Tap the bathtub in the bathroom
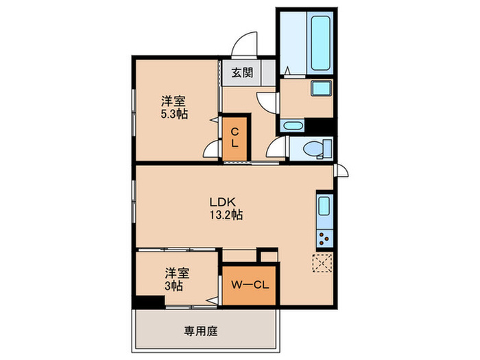click(320, 43)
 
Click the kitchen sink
click(324, 207)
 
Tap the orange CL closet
click(235, 138)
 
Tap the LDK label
click(221, 202)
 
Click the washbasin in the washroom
click(320, 89)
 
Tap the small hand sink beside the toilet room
click(292, 126)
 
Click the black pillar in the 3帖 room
click(145, 302)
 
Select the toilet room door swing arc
click(276, 147)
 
